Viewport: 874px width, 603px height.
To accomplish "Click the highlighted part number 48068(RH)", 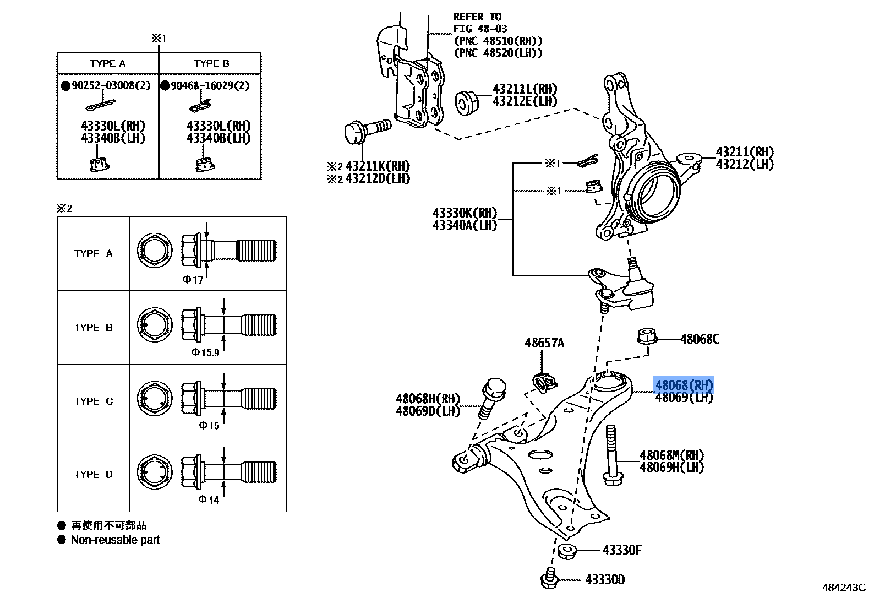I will point(684,385).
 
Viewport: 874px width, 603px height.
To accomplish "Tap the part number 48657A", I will point(544,343).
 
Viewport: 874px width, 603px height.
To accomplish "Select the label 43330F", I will point(622,550).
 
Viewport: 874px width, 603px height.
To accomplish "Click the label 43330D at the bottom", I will point(604,580).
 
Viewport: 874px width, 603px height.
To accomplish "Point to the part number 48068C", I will point(700,339).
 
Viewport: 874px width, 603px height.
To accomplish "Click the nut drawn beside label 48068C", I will point(647,335).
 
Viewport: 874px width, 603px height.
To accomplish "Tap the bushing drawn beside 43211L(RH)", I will point(467,103).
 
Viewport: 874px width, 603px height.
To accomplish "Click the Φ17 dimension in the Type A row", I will point(193,280).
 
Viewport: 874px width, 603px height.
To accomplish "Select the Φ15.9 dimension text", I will point(205,352).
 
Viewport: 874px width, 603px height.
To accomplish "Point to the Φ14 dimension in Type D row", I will point(209,499).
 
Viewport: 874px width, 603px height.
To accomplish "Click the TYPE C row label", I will point(93,401).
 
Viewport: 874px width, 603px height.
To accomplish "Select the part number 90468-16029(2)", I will point(210,85).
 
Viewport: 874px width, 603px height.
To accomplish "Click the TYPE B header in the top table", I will point(211,63).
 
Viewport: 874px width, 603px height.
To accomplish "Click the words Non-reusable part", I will point(115,540).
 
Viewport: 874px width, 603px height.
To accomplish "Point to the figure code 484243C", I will point(844,588).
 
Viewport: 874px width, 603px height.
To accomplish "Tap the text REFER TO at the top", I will point(477,17).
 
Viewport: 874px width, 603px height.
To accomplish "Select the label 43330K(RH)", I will point(465,213).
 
